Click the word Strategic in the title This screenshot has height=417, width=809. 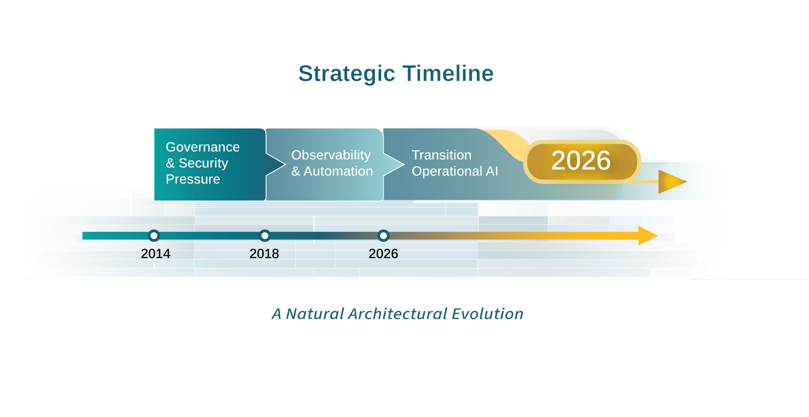[x=347, y=74]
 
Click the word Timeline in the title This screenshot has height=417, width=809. [x=448, y=73]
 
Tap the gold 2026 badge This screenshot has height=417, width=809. [x=582, y=162]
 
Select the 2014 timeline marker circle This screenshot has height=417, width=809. [x=154, y=235]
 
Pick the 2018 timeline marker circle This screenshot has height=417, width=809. [x=265, y=235]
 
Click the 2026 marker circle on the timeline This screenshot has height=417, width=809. [x=384, y=235]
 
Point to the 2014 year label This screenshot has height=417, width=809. [x=156, y=254]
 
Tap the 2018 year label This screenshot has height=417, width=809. [x=264, y=254]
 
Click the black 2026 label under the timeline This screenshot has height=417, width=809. [x=384, y=254]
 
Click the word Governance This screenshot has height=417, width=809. [x=202, y=147]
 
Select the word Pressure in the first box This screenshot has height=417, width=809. [x=193, y=179]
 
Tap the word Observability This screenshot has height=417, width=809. [x=331, y=155]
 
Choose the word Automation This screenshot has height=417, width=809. [x=339, y=171]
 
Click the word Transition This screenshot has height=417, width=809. [x=441, y=155]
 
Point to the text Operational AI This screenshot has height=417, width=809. [x=455, y=171]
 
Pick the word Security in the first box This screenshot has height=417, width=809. [x=203, y=163]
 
